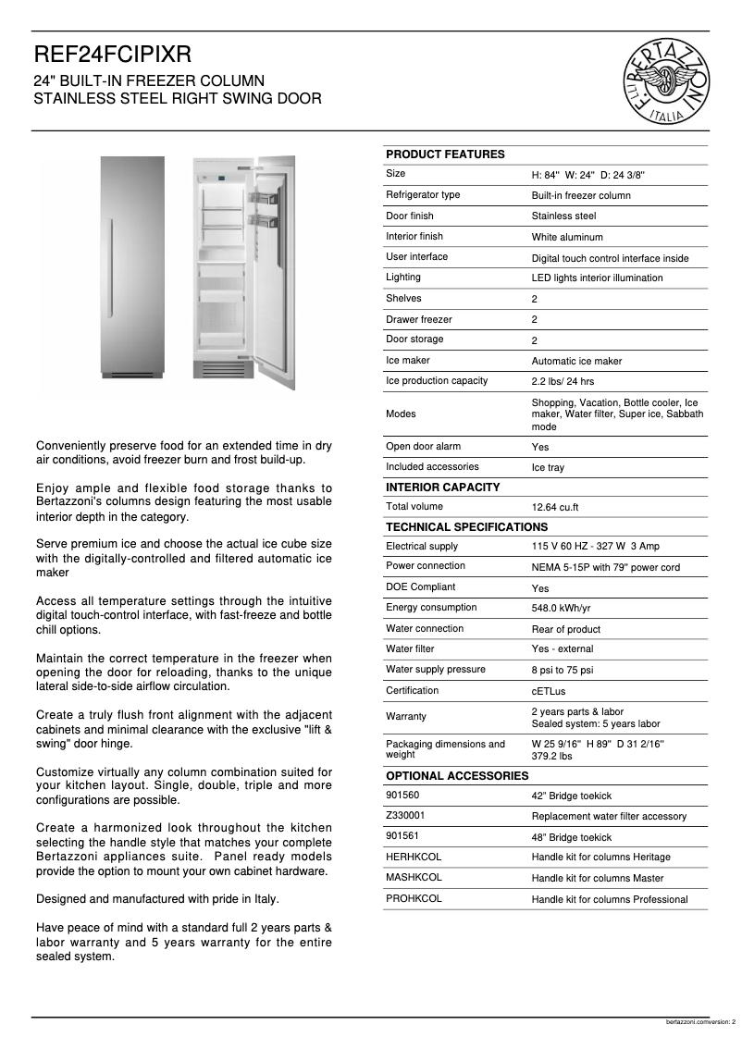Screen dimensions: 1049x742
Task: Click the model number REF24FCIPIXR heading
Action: click(x=113, y=56)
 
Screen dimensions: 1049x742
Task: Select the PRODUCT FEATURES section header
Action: click(x=445, y=154)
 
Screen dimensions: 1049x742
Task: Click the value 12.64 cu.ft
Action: click(x=555, y=508)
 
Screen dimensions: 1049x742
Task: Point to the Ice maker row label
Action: click(x=408, y=361)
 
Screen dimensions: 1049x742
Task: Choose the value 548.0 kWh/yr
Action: click(x=561, y=610)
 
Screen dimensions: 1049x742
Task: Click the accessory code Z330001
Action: click(x=406, y=816)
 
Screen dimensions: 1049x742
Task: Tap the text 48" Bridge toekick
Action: click(x=571, y=837)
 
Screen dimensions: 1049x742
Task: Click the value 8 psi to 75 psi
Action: click(x=562, y=671)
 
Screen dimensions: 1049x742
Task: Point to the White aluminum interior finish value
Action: click(x=566, y=238)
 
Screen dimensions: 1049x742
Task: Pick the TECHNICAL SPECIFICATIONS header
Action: click(x=466, y=527)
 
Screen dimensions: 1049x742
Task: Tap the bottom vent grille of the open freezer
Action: click(x=222, y=370)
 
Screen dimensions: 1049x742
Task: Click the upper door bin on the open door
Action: click(x=262, y=196)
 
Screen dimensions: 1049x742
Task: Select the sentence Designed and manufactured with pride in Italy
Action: click(x=157, y=899)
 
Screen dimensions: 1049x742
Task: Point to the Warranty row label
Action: click(x=406, y=717)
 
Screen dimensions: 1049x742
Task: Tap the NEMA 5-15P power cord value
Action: click(x=605, y=568)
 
